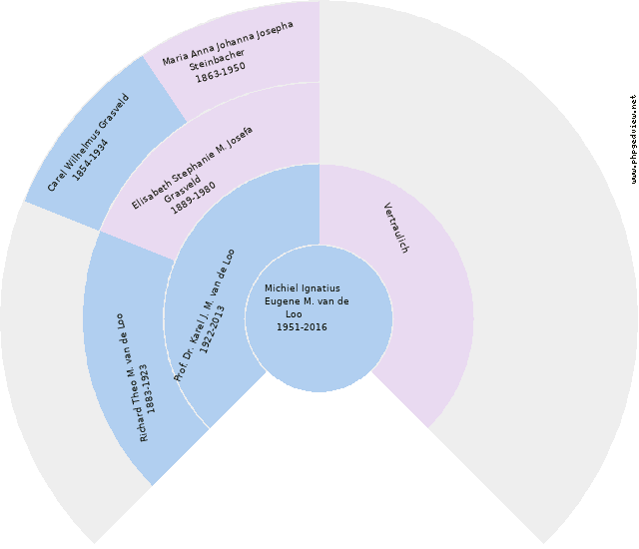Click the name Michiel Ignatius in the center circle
(302, 288)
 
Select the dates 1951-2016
(302, 327)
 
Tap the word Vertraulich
(396, 228)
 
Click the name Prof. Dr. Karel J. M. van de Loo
(204, 315)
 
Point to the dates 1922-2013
(213, 329)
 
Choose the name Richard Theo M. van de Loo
(132, 377)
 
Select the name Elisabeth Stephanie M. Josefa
(192, 168)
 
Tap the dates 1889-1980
(193, 198)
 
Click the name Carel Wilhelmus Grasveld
(88, 143)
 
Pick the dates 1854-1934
(90, 160)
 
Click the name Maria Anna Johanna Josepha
(228, 43)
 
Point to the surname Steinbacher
(217, 60)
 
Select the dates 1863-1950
(221, 73)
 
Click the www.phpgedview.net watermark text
(633, 140)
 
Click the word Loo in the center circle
(294, 314)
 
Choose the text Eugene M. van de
(307, 301)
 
